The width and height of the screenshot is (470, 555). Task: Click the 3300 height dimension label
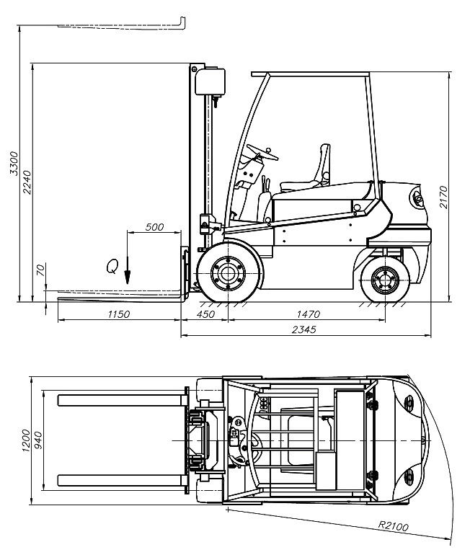click(x=14, y=163)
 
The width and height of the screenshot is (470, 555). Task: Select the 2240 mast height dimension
click(x=27, y=182)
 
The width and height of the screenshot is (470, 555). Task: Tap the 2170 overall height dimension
click(x=443, y=197)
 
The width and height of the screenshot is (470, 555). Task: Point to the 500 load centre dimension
click(x=155, y=227)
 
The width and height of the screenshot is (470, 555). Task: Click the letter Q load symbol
click(x=112, y=266)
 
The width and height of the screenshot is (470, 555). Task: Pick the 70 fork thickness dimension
click(x=41, y=270)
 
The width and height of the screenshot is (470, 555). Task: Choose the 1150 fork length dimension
click(x=118, y=314)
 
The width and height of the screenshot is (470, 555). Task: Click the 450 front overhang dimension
click(x=205, y=314)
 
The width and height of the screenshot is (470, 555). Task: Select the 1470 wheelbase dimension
click(x=308, y=314)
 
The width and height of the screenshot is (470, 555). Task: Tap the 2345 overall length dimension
click(x=304, y=329)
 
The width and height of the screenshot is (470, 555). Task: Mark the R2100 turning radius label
click(x=393, y=525)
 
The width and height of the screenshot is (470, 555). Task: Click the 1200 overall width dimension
click(x=26, y=440)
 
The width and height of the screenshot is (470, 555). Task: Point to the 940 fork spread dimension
click(x=37, y=440)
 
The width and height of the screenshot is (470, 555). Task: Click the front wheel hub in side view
click(x=228, y=273)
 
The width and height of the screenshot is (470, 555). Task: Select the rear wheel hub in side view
click(x=385, y=280)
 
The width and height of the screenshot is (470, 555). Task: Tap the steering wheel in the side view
click(x=262, y=152)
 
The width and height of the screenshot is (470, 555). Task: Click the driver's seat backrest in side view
click(x=325, y=164)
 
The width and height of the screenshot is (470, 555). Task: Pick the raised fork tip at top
click(x=183, y=22)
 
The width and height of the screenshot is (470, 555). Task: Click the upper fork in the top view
click(x=123, y=400)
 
